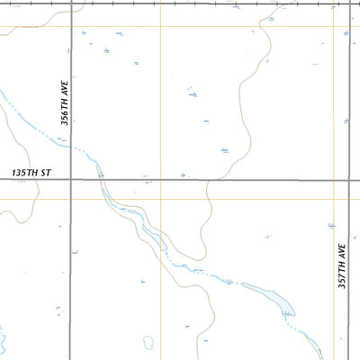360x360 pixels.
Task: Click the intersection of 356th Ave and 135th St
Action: tap(71, 180)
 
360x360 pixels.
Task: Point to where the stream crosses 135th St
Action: tap(100, 180)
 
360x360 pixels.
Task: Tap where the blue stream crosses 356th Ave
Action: tap(71, 144)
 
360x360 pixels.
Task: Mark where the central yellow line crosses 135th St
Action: tap(160, 180)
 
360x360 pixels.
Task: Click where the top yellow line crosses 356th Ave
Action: tap(71, 25)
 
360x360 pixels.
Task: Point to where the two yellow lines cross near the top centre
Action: tap(160, 25)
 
